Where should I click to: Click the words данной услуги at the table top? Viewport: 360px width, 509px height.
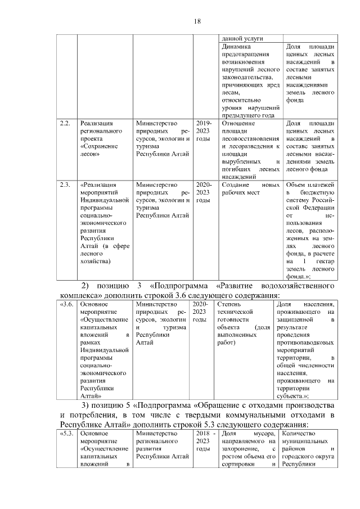click(240, 38)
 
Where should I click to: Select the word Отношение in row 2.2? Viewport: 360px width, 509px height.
click(239, 123)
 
